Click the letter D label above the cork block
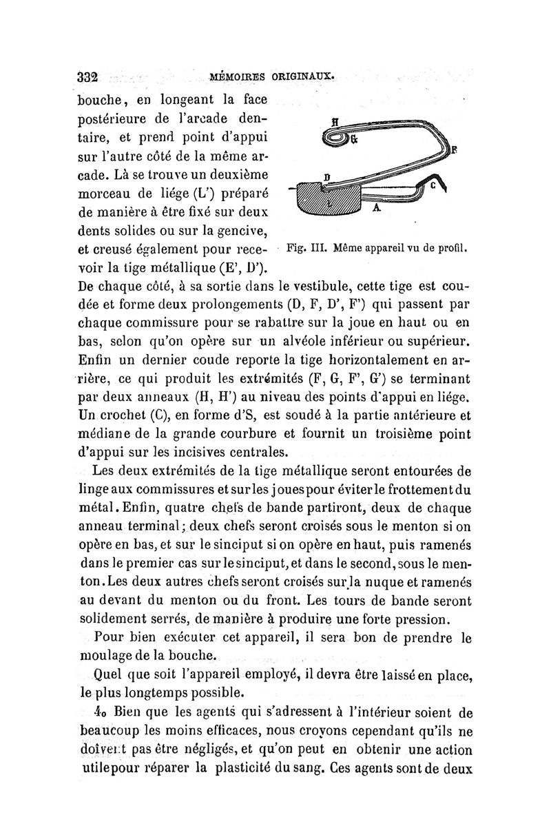(327, 178)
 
